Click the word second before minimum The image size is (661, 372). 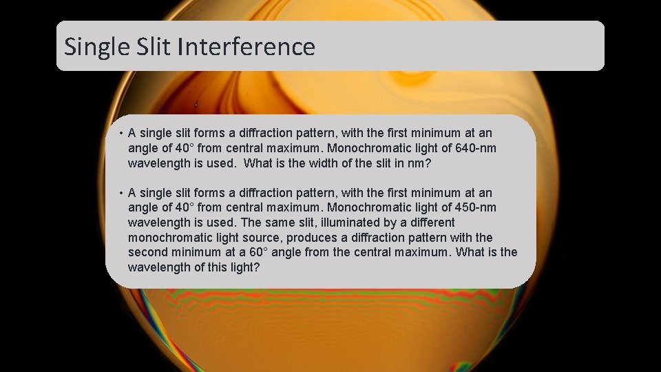(149, 252)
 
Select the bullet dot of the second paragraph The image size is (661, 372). (120, 194)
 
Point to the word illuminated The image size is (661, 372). (339, 223)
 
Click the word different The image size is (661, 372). (430, 223)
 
